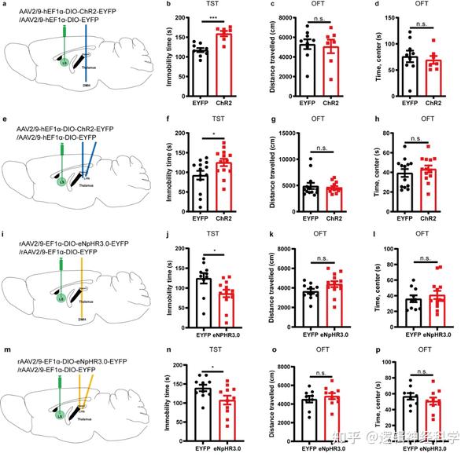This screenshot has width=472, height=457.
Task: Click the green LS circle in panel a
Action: [56, 75]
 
